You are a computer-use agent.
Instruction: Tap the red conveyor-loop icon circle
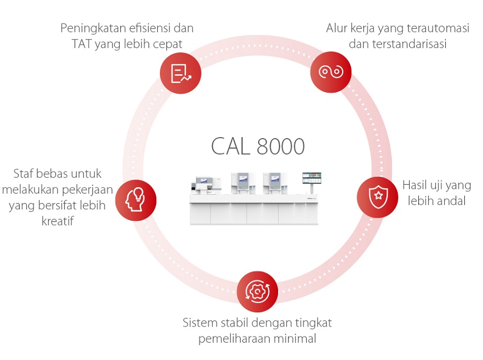coord(330,72)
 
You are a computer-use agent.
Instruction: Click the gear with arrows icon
coord(257,291)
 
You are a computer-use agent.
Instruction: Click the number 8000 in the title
coord(281,147)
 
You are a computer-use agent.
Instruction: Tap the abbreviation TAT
coord(83,44)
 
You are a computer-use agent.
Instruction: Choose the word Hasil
coord(415,185)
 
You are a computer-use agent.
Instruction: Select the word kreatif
coord(57,221)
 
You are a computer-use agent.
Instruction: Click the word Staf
coord(23,173)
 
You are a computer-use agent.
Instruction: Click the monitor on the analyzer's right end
coord(312,178)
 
